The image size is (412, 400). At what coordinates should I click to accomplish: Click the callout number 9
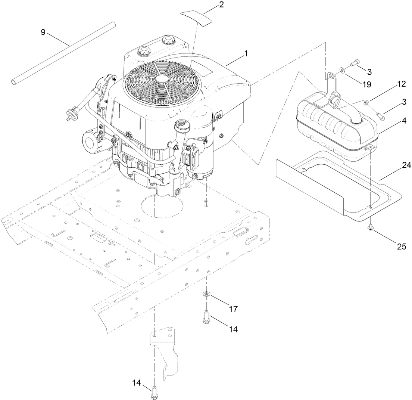tap(43, 32)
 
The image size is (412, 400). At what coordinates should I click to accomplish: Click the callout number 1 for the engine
tap(246, 54)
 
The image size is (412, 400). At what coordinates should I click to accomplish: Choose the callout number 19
tap(366, 84)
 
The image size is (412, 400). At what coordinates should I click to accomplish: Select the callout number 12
tap(401, 84)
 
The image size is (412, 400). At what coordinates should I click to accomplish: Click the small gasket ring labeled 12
tap(367, 101)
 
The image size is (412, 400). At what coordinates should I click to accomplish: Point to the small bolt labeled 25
tap(370, 226)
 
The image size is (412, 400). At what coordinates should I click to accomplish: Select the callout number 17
tap(233, 309)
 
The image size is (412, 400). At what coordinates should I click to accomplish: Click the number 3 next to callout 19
tap(369, 71)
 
